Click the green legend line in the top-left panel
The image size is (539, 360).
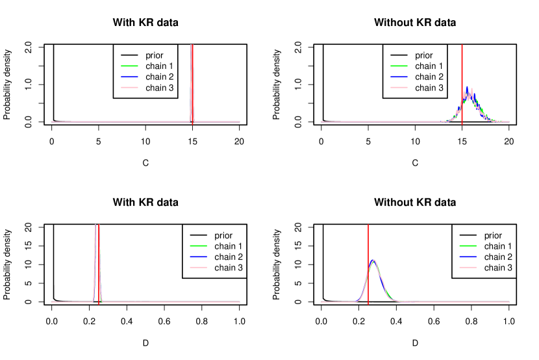pos(129,66)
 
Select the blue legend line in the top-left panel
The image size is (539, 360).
pos(129,77)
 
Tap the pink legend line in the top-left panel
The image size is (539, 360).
pos(129,87)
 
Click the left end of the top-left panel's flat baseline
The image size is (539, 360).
pos(53,122)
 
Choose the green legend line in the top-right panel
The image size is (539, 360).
pos(399,66)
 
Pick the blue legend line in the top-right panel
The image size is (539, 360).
pos(399,77)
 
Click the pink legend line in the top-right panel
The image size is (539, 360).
pos(399,87)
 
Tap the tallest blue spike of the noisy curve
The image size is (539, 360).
pos(467,86)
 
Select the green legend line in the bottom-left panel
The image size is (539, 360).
pos(198,246)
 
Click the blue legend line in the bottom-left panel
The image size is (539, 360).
pos(198,257)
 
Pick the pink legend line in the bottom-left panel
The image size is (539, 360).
pos(198,267)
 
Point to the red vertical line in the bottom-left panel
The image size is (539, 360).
pos(99,273)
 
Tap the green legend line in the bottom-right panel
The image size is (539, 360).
pos(468,246)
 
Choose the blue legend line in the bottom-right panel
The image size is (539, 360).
pos(468,257)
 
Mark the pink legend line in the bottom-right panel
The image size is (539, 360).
pos(468,267)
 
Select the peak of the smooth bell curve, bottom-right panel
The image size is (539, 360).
pos(374,260)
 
